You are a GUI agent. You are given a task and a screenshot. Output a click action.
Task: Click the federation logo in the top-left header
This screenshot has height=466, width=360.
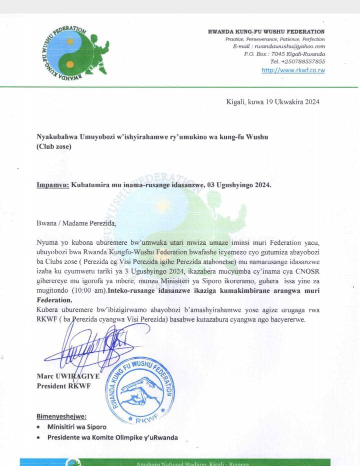pyautogui.click(x=73, y=53)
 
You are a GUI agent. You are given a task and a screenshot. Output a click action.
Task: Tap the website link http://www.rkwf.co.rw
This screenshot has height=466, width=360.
pyautogui.click(x=293, y=70)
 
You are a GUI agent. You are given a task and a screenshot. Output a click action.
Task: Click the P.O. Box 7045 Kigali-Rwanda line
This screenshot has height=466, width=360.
pyautogui.click(x=284, y=54)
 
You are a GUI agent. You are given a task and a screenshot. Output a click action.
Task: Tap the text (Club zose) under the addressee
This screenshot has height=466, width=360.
pyautogui.click(x=54, y=147)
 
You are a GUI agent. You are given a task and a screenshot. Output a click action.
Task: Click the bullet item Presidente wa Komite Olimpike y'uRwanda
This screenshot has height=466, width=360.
pyautogui.click(x=112, y=437)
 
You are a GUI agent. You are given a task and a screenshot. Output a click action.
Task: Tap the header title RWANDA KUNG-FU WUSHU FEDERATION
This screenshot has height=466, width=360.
pyautogui.click(x=266, y=32)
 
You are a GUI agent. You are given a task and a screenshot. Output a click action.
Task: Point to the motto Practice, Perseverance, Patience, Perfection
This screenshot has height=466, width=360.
pyautogui.click(x=274, y=39)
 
